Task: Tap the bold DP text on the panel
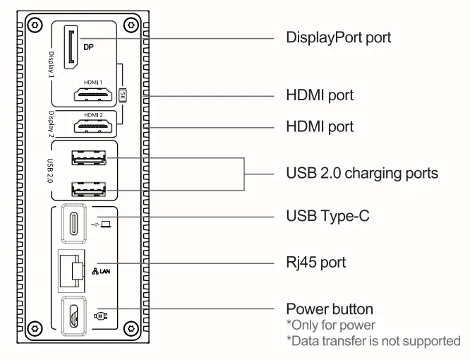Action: point(90,49)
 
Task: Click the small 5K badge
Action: point(122,95)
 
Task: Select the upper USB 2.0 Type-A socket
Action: point(88,157)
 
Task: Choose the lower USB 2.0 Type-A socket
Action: point(88,190)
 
